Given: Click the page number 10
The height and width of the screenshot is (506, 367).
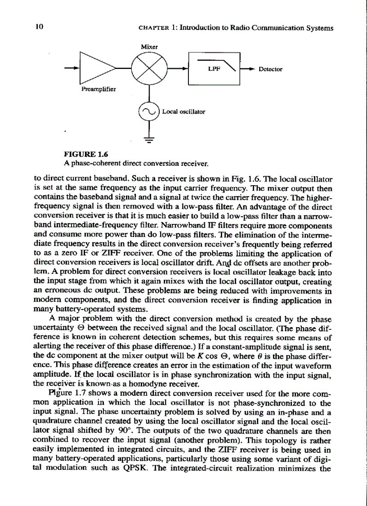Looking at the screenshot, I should coord(39,27).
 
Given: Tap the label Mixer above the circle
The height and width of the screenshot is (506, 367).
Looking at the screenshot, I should coord(148,46).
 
